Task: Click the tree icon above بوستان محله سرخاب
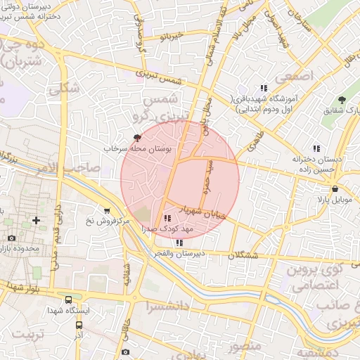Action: (x=137, y=138)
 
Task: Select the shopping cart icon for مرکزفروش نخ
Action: (x=106, y=210)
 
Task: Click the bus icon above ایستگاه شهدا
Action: (x=67, y=300)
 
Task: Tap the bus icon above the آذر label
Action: (x=79, y=325)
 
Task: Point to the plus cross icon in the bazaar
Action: (x=37, y=221)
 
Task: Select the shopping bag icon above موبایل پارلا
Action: (x=335, y=188)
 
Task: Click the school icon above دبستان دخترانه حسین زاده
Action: (x=316, y=148)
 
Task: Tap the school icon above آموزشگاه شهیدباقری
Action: (x=264, y=89)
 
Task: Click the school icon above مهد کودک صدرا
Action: (x=167, y=218)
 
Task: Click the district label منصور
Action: (x=245, y=346)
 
